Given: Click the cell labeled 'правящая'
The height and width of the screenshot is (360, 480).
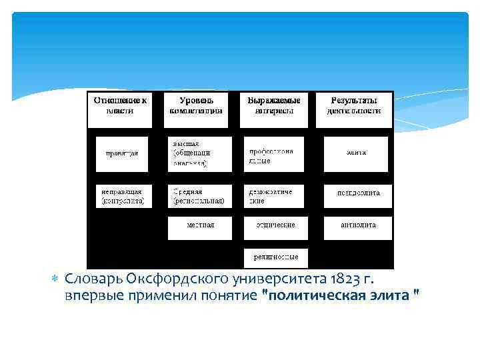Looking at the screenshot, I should (123, 154).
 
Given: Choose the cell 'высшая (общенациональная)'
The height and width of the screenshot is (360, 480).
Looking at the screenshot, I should (199, 154).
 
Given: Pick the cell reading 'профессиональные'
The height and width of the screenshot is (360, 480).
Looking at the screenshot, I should (273, 154).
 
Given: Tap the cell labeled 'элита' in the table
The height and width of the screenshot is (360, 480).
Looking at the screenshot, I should (356, 154).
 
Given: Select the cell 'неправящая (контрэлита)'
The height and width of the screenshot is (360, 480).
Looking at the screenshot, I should (124, 196).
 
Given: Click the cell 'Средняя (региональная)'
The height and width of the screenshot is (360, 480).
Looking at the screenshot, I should (199, 196).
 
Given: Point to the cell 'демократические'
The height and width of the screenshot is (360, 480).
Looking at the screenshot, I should (273, 196).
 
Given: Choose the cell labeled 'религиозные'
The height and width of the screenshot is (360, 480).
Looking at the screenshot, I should (275, 257).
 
